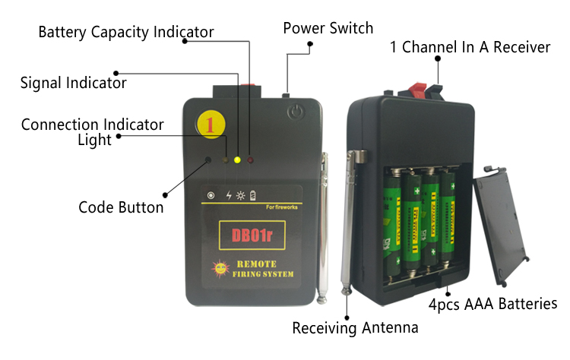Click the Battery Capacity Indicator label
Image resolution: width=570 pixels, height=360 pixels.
click(x=125, y=32)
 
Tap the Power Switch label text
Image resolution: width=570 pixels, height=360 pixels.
click(x=328, y=28)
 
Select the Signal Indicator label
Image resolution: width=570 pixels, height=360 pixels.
click(x=73, y=82)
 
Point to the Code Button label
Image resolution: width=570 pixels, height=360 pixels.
click(x=121, y=207)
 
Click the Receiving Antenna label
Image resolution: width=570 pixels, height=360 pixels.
click(x=355, y=328)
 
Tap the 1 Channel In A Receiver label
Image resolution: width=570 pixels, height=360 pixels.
click(x=470, y=47)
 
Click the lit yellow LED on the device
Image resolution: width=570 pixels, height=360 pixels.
click(x=238, y=160)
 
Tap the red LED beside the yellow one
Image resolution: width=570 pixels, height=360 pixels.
click(x=250, y=160)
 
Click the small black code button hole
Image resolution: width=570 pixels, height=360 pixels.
click(x=209, y=160)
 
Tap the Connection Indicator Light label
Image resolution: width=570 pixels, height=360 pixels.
click(x=93, y=131)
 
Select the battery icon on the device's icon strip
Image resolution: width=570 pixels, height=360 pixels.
click(x=253, y=195)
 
